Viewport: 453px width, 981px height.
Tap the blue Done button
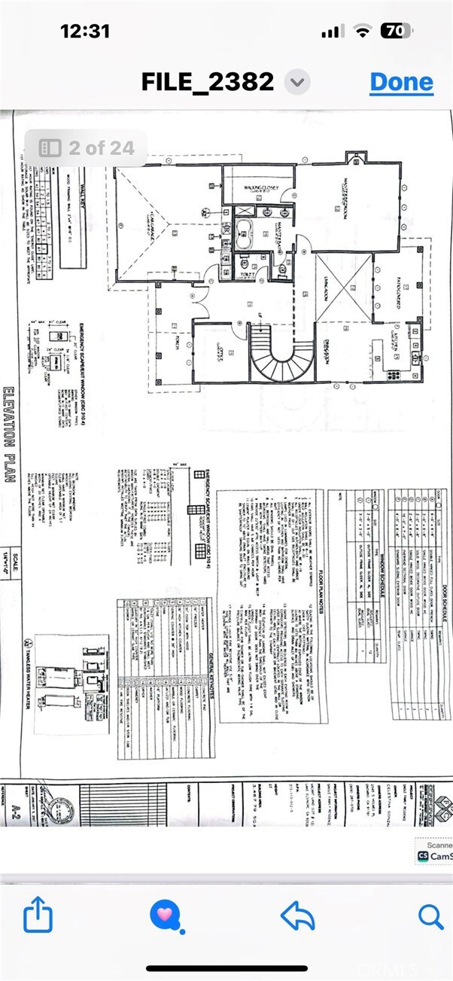point(401,81)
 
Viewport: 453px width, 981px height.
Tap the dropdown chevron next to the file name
point(299,81)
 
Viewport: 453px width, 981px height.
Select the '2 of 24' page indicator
point(86,148)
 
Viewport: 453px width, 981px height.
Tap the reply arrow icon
point(296,916)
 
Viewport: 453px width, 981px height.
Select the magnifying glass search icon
point(430,916)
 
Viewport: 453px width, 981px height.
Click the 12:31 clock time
point(85,31)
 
